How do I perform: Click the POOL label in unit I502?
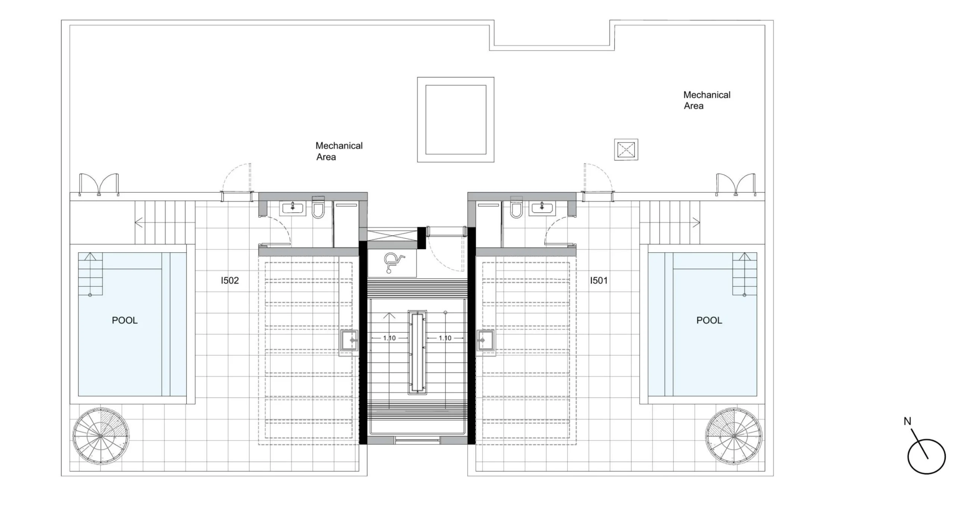[x=125, y=321]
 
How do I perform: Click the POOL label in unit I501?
[x=709, y=321]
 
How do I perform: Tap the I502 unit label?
[x=230, y=280]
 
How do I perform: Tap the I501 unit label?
[x=599, y=280]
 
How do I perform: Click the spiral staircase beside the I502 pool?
[x=101, y=436]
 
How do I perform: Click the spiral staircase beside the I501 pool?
[x=733, y=436]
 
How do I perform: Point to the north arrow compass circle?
[x=926, y=457]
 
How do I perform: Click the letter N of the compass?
[x=907, y=421]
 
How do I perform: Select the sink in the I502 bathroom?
[x=293, y=208]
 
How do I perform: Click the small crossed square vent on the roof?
[x=626, y=149]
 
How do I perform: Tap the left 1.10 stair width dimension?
[x=389, y=338]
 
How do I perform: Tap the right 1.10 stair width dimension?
[x=445, y=338]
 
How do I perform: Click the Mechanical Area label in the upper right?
[x=707, y=100]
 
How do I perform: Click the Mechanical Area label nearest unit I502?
[x=339, y=151]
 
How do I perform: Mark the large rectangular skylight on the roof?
[x=455, y=120]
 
